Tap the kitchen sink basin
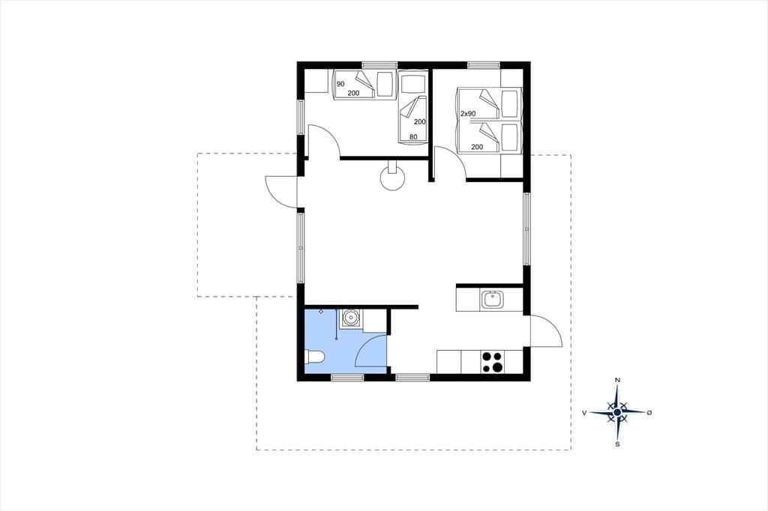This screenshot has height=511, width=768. click(491, 299)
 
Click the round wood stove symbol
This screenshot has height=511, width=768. click(392, 178)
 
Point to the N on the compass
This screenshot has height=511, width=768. click(618, 380)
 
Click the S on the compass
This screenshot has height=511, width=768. click(618, 444)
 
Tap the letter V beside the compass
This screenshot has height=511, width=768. click(584, 413)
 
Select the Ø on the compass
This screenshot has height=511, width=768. click(649, 413)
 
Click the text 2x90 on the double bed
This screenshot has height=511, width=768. click(468, 114)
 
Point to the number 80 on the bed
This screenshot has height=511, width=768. click(413, 137)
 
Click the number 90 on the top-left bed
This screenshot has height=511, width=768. click(340, 84)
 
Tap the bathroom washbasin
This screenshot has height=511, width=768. click(351, 318)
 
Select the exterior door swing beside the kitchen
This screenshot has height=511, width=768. click(546, 331)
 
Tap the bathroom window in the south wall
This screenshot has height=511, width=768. click(347, 377)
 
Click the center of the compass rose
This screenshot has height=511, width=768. click(618, 413)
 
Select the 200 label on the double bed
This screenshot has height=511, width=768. click(477, 147)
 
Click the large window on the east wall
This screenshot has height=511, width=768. click(527, 229)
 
